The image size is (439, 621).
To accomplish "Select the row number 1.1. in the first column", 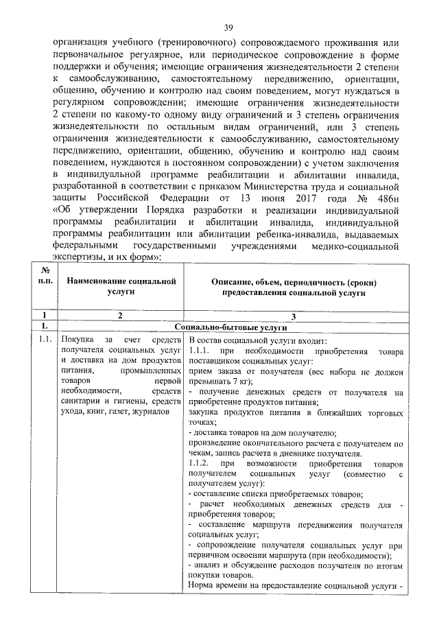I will coord(45,340).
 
